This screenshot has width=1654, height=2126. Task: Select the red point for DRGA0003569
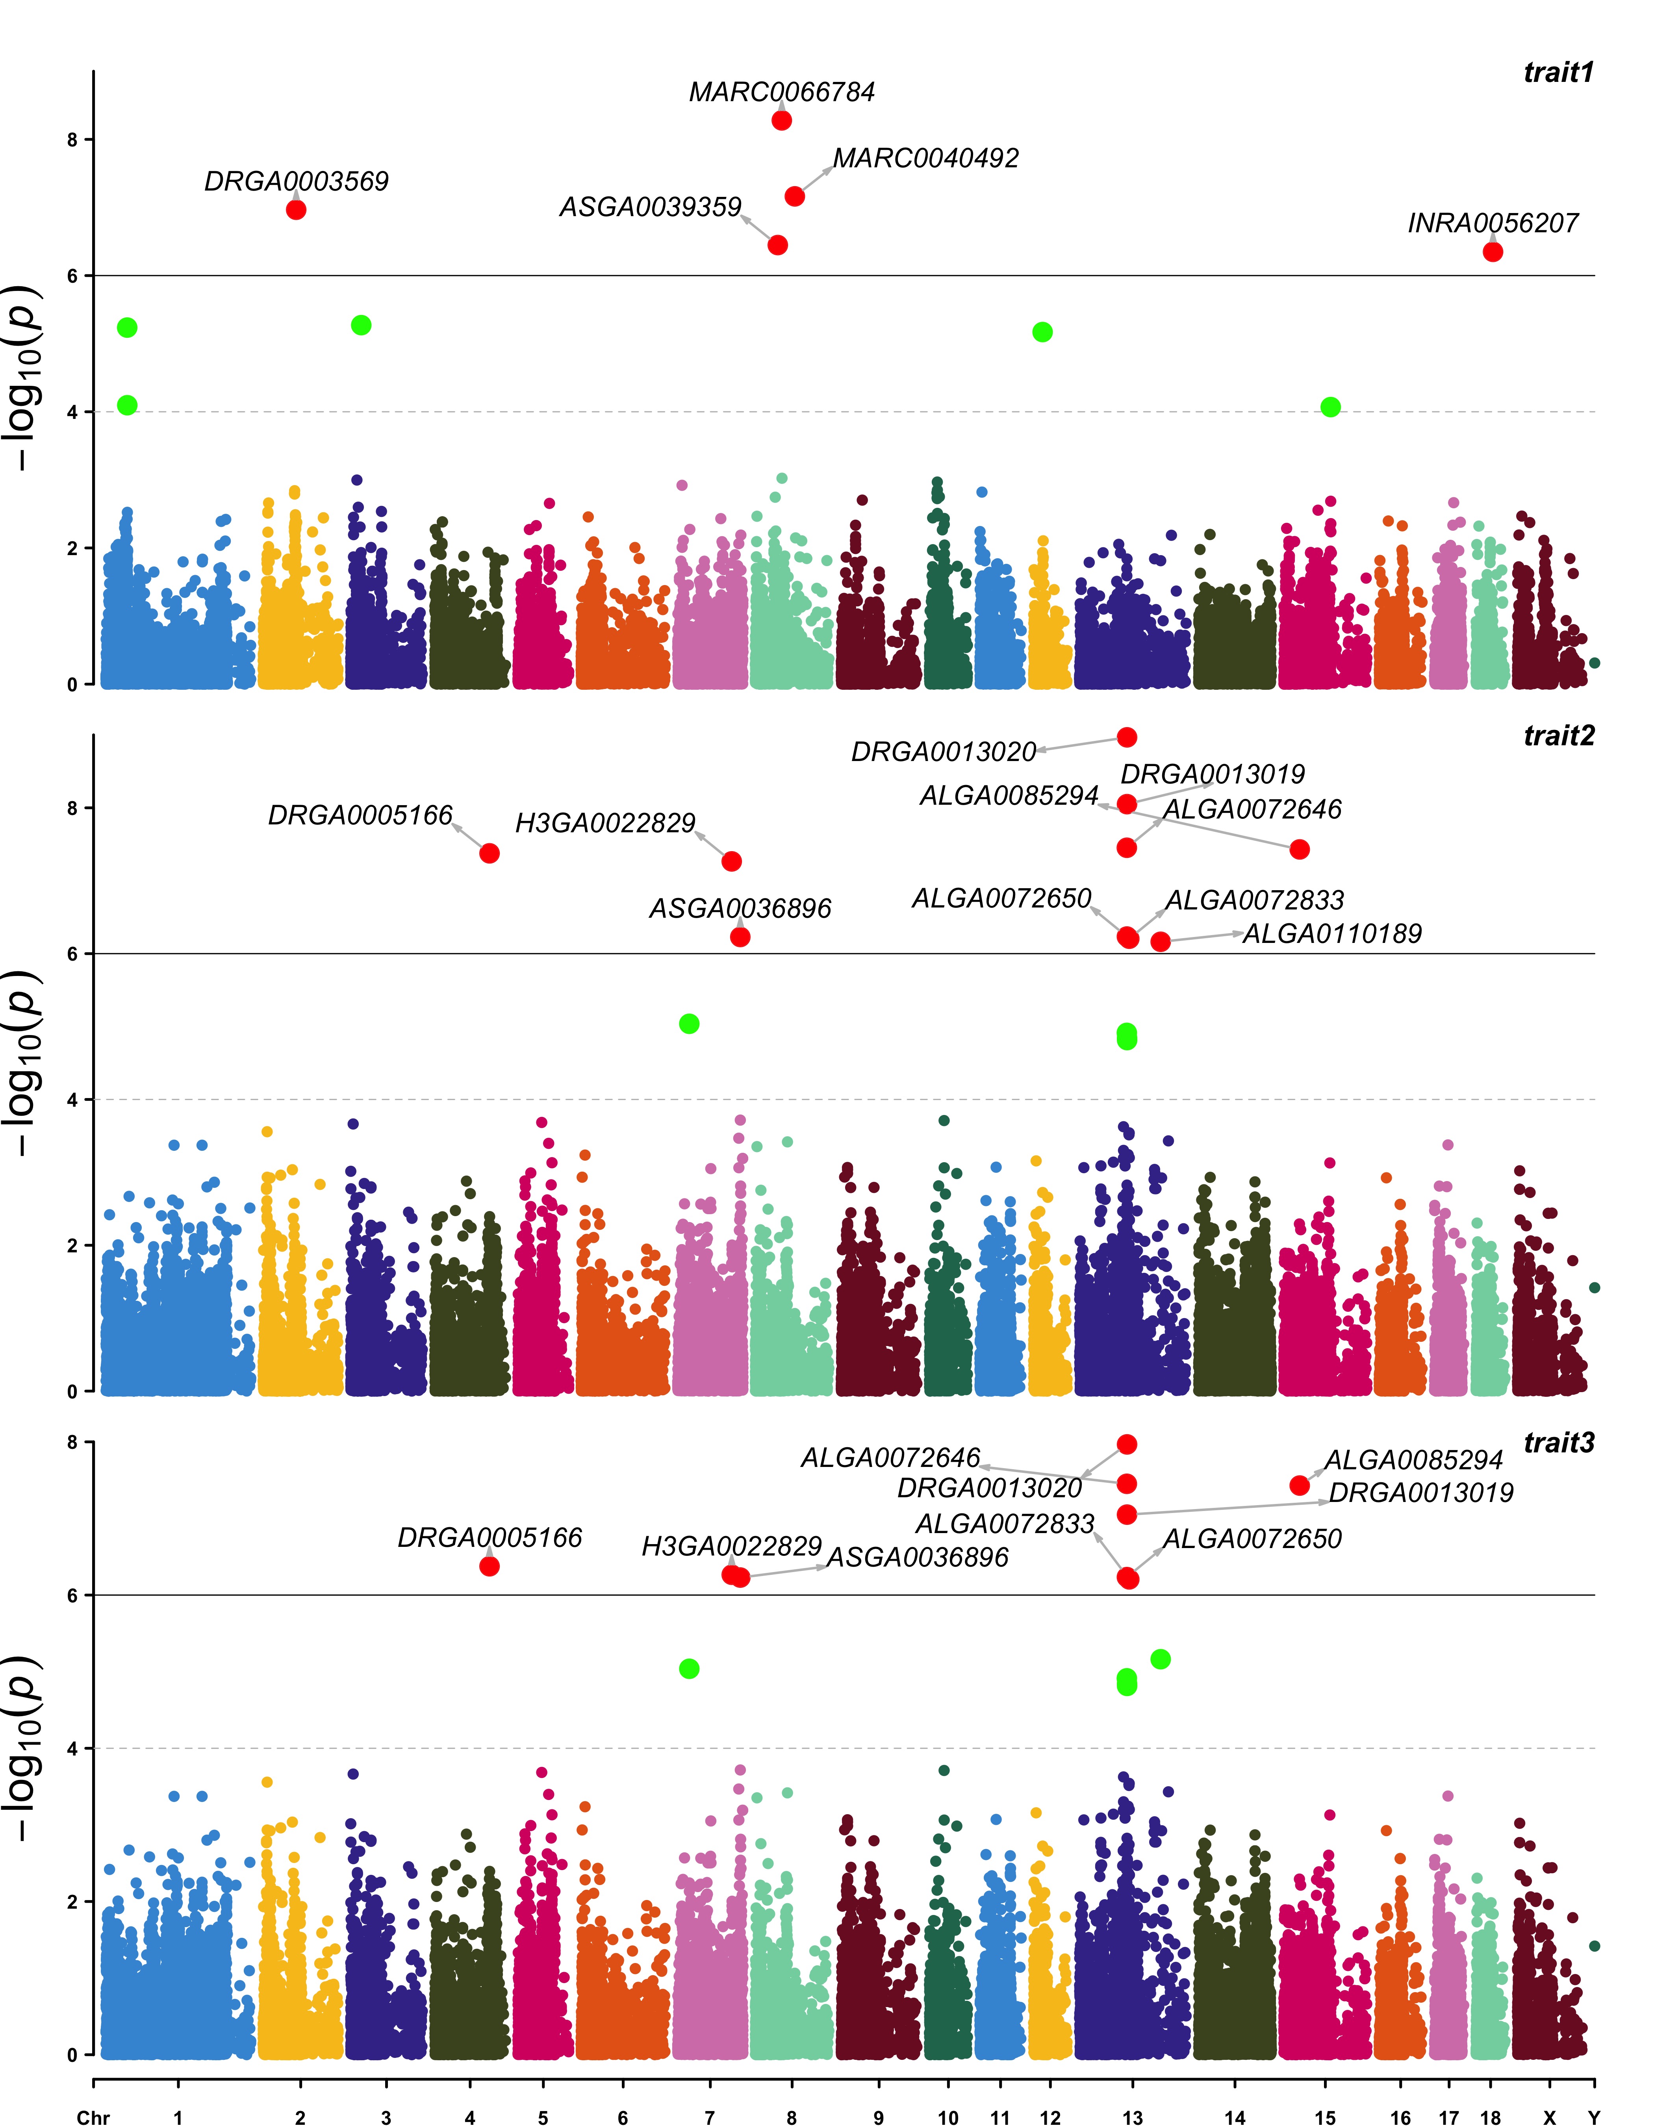[296, 209]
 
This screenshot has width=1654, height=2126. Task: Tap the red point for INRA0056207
[1493, 252]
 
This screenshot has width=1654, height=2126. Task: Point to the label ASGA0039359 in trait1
[650, 207]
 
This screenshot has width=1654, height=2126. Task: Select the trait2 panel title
[1559, 736]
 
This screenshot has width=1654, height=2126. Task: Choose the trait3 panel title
[1559, 1443]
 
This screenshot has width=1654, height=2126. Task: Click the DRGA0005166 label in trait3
[490, 1538]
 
